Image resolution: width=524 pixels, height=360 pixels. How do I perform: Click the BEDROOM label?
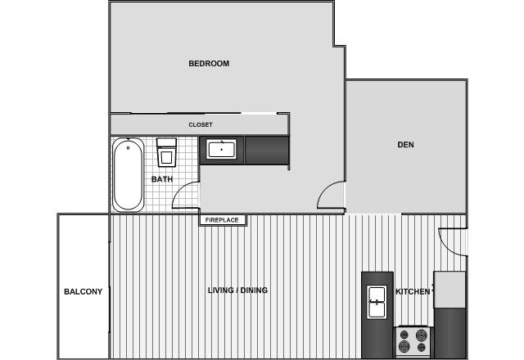pos(209,64)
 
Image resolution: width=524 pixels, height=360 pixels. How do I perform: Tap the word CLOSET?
pos(201,125)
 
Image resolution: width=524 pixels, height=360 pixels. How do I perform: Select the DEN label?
pos(405,145)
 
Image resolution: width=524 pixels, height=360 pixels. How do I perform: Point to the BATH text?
pos(161,179)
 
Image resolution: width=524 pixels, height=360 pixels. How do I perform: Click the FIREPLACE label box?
pos(221,220)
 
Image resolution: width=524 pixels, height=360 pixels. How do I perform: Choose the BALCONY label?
pos(83,291)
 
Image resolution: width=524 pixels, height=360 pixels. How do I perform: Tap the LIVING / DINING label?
pos(237,290)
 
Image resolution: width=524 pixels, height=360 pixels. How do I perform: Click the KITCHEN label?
pos(413,292)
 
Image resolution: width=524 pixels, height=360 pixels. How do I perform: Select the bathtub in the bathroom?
pos(128,174)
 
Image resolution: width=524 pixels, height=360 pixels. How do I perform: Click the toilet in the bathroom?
pos(168,151)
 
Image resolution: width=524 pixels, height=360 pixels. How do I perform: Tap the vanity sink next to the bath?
pos(221,150)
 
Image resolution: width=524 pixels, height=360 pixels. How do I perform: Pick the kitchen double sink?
pos(377,302)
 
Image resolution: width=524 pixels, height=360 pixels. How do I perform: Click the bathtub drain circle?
pos(128,148)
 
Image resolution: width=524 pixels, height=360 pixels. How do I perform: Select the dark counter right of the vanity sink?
pos(266,150)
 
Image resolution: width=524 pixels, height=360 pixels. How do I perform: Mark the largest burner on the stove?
pos(422,335)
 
